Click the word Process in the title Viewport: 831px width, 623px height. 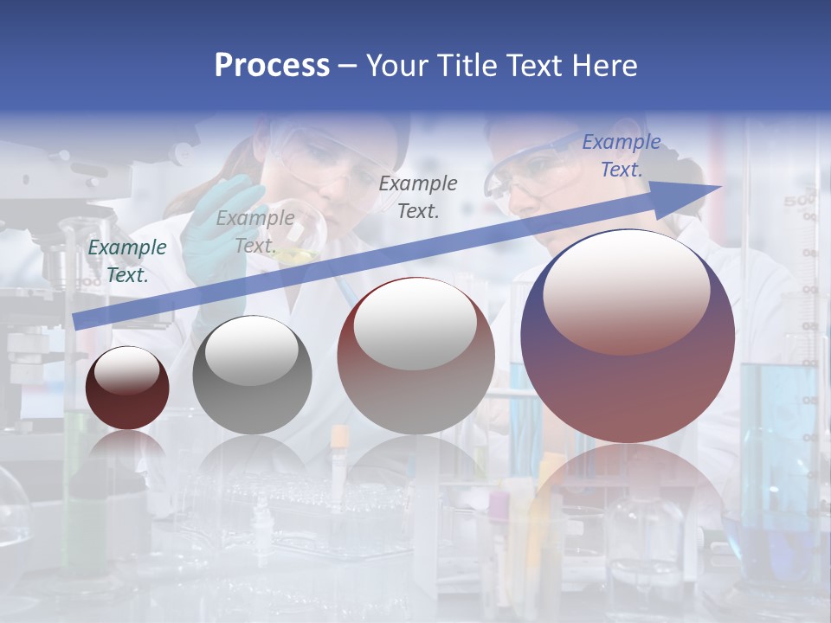coord(272,65)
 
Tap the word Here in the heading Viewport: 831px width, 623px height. coord(604,65)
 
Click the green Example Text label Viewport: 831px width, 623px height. coord(127,261)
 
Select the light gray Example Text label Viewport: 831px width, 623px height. coord(255,232)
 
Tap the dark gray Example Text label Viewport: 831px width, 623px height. coord(418,196)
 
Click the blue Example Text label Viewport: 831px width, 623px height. coord(621,156)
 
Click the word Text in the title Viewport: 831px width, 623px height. coord(534,65)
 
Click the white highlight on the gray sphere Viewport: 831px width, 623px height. coord(252,350)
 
